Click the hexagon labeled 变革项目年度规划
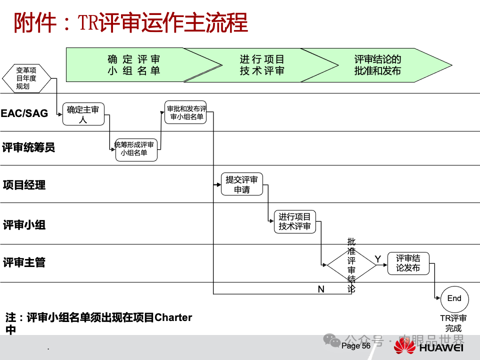click(26, 78)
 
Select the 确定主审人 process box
click(83, 114)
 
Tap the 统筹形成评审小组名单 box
click(136, 149)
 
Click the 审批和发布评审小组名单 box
click(185, 112)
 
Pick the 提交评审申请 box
click(242, 184)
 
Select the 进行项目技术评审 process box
click(295, 222)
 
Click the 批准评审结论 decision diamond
click(351, 265)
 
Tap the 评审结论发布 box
click(408, 263)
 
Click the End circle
click(454, 298)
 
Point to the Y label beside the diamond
click(378, 258)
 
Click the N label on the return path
click(321, 289)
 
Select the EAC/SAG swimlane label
click(24, 113)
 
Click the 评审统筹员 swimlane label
click(28, 147)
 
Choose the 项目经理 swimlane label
click(24, 185)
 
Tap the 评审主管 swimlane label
click(24, 262)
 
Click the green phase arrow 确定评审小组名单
click(134, 65)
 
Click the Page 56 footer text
click(356, 346)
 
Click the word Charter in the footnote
click(173, 317)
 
